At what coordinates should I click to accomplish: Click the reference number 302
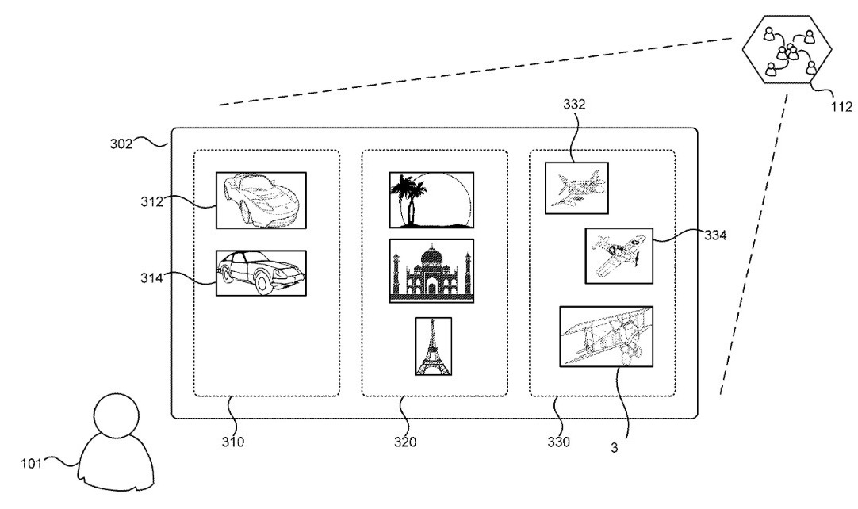pos(121,144)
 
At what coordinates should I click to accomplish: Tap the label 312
pos(151,202)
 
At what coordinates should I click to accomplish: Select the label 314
pos(151,278)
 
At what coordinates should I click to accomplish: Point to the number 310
pos(233,442)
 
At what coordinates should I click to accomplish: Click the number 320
pos(405,442)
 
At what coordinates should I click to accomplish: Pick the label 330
pos(559,442)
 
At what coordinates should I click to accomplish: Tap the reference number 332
pos(574,105)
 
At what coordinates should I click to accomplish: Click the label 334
pos(715,235)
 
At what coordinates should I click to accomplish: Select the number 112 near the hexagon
pos(841,107)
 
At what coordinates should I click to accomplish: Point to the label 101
pos(31,464)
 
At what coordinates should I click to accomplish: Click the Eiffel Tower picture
pos(434,346)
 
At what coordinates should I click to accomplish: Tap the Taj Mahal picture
pos(431,271)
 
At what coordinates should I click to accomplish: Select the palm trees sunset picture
pos(431,200)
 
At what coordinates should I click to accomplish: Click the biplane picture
pos(607,336)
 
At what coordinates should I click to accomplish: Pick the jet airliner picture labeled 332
pos(576,188)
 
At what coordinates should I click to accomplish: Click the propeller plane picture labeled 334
pos(619,255)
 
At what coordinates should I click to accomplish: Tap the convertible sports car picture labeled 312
pos(261,201)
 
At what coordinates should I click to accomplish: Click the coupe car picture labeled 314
pos(261,273)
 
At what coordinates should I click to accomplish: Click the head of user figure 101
pos(117,416)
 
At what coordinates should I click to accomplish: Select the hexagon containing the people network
pos(787,50)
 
